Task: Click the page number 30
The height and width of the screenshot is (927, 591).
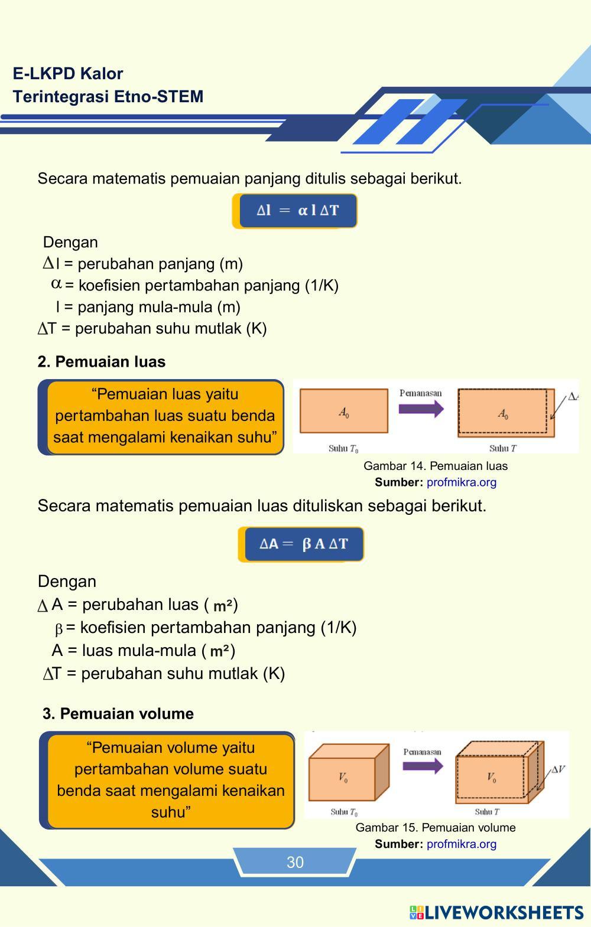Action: tap(295, 862)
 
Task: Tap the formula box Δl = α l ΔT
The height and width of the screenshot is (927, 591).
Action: tap(297, 211)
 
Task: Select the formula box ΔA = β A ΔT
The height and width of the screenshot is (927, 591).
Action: tap(303, 544)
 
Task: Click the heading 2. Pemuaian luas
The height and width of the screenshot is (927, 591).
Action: tap(102, 362)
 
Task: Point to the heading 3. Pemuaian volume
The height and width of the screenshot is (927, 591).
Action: tap(118, 714)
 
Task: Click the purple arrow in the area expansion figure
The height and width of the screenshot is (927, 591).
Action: tap(421, 409)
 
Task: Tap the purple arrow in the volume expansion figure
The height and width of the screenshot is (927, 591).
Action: tap(423, 766)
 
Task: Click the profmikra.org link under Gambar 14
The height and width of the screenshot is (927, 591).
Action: tap(462, 482)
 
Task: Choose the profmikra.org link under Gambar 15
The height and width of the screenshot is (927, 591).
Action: tap(462, 844)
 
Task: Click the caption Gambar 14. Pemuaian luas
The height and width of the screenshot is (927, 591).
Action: tap(436, 466)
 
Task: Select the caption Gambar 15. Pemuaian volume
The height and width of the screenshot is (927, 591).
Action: tap(436, 828)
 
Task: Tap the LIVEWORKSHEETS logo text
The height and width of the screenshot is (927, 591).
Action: tap(504, 913)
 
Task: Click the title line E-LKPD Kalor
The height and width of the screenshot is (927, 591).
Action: tap(68, 74)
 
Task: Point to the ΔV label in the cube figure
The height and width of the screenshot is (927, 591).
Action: tap(558, 769)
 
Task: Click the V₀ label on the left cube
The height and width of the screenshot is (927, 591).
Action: tap(343, 778)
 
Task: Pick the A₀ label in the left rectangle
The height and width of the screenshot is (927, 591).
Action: tap(343, 413)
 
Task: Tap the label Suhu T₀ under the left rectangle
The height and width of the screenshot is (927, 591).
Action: tap(343, 449)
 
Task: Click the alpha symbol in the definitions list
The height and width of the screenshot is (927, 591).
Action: tap(57, 284)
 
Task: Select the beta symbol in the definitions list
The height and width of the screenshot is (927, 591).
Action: tap(59, 629)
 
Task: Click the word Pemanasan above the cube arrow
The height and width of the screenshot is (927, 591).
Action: tap(422, 752)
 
